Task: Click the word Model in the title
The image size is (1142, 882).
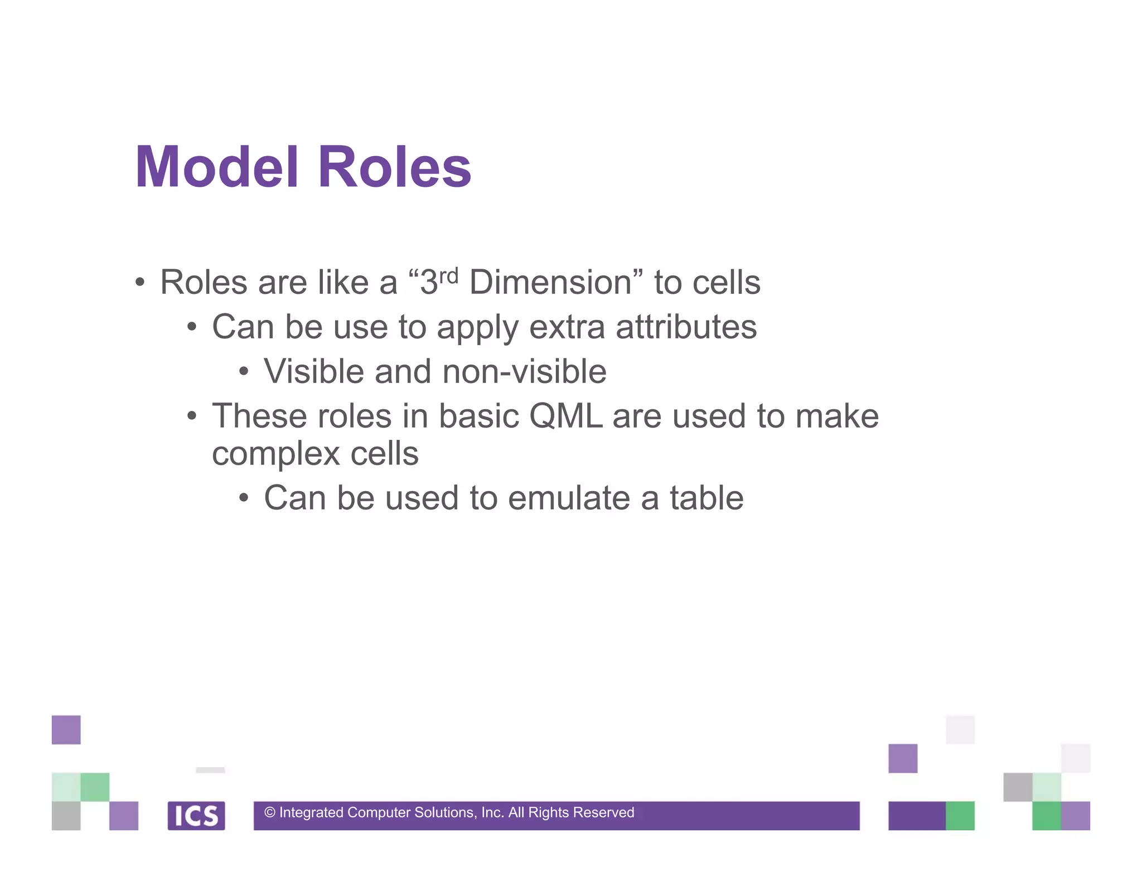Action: [217, 167]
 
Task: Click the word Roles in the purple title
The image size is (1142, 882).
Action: [394, 167]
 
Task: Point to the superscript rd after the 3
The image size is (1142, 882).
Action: [448, 275]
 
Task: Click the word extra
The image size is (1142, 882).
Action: [567, 327]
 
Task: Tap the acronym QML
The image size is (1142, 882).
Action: [565, 416]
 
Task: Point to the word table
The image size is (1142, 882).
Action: [707, 498]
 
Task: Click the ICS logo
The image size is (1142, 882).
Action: [196, 816]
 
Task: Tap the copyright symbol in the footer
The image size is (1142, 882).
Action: [270, 813]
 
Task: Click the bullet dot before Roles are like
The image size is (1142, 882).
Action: [140, 282]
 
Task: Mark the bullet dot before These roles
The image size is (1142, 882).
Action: [192, 416]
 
